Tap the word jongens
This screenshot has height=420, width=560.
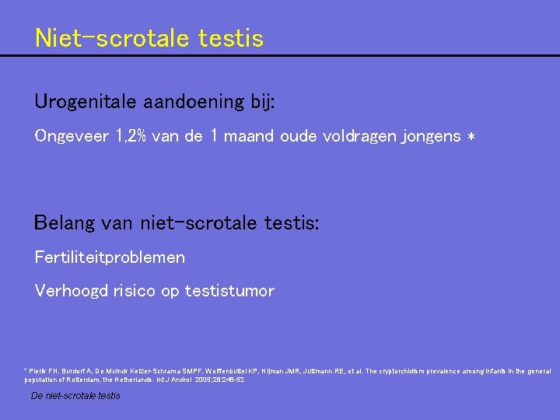(x=431, y=137)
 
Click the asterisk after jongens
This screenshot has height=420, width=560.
(x=471, y=137)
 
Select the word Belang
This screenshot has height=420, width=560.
(x=65, y=224)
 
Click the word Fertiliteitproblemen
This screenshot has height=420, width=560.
(x=110, y=257)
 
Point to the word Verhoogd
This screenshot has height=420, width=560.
(x=70, y=291)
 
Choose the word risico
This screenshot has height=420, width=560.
(x=135, y=291)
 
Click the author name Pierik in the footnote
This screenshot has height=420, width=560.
(x=39, y=371)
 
